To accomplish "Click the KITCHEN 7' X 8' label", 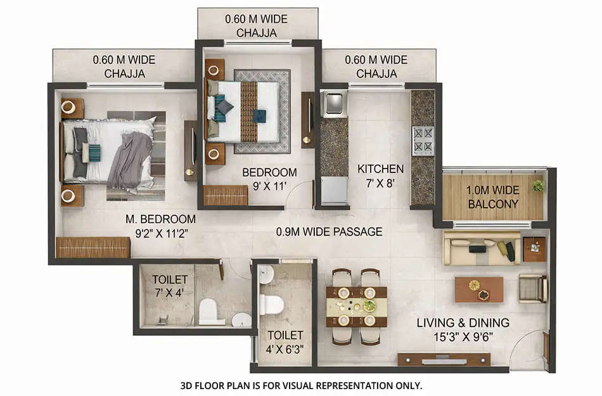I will click(x=380, y=176).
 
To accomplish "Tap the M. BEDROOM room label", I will click(x=160, y=226).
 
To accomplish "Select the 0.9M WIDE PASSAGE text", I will click(x=329, y=232).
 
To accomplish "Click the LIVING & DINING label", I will click(x=463, y=330).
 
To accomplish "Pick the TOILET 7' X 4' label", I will click(x=170, y=286).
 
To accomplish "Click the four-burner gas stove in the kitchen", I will click(x=423, y=141).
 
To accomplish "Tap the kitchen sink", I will click(x=333, y=103).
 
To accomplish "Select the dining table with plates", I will click(x=356, y=307).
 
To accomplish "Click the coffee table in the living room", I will click(x=479, y=289).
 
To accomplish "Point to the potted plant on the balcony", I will click(x=538, y=186).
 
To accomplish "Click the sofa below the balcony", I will click(x=482, y=248).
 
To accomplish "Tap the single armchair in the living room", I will click(x=532, y=288).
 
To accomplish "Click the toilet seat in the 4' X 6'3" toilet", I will click(x=271, y=304).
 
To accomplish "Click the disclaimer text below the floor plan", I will click(x=300, y=385).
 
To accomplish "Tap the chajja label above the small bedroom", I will click(x=256, y=26).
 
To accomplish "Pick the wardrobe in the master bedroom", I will click(x=93, y=247).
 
